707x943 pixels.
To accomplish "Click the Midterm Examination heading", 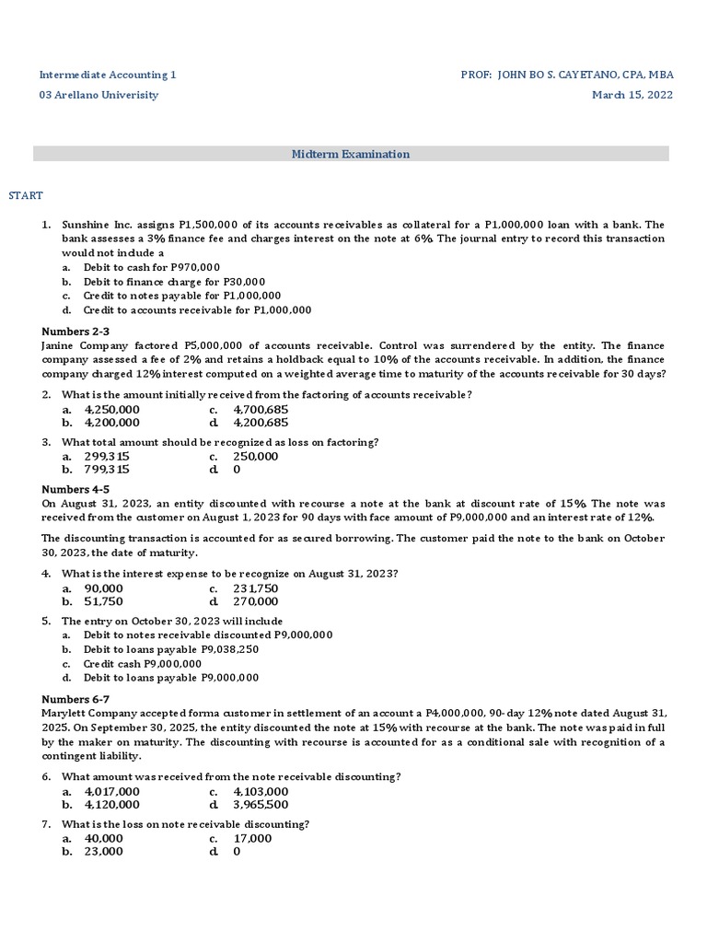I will point(351,155).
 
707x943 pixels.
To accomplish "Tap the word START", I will point(26,195).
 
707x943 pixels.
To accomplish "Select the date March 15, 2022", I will point(632,95).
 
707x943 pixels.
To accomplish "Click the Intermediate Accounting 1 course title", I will point(107,74).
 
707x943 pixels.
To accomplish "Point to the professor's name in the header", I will point(566,74).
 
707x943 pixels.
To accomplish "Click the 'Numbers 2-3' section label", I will point(76,332).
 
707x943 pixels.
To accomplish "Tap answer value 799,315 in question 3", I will point(107,469).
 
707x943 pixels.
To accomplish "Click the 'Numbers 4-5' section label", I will point(76,490).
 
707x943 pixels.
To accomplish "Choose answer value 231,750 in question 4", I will point(256,588).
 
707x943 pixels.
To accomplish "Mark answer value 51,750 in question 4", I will point(104,601).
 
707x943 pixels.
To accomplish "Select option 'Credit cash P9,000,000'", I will point(143,663).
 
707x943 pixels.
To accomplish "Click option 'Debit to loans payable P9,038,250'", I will point(171,649).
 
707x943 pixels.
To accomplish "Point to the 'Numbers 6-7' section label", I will point(76,699).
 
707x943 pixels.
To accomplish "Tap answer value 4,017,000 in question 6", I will point(112,791).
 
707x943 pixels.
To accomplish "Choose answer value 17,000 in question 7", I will point(253,838).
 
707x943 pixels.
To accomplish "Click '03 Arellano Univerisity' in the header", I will point(99,95).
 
